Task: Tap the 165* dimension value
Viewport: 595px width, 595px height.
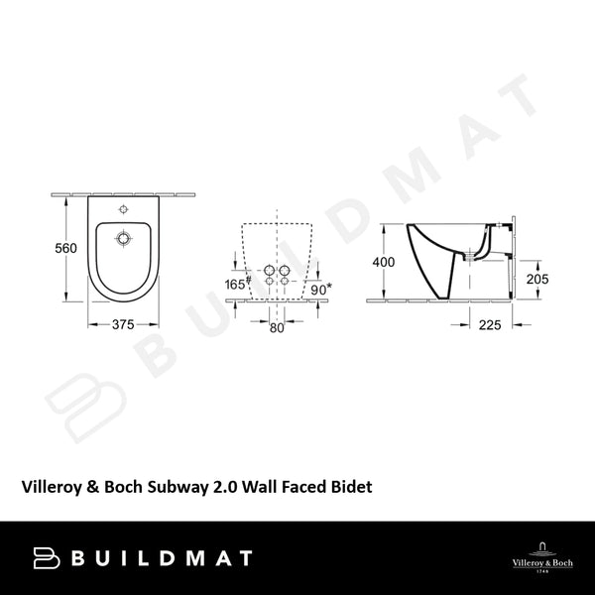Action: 235,286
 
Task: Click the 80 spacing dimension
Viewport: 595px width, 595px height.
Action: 277,328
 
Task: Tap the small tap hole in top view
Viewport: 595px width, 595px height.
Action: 123,210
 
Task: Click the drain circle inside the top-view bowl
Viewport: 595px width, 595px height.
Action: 123,238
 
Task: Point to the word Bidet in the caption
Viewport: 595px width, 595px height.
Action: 351,487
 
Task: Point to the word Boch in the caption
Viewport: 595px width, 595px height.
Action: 135,487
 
